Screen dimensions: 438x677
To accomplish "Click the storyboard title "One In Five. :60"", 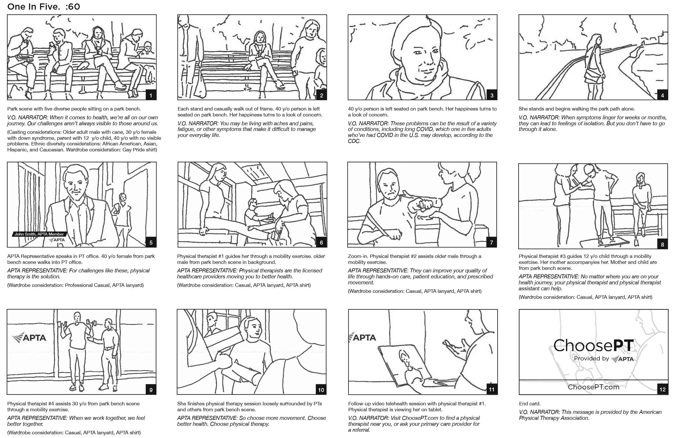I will (x=43, y=7).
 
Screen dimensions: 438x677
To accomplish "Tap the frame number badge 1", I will (x=151, y=95).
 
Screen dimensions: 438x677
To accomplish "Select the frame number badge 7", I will (x=491, y=243).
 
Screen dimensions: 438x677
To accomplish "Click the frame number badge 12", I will (x=663, y=389).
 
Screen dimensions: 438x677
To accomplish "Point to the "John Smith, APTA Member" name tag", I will (x=39, y=234).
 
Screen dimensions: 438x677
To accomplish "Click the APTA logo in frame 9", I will (x=29, y=338).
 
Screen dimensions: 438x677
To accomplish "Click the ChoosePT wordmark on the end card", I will (x=594, y=346).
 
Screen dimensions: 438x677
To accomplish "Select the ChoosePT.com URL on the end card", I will (x=594, y=387).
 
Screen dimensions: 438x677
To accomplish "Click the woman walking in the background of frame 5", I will (x=123, y=210).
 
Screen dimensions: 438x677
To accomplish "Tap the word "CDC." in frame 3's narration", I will (x=354, y=141).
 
